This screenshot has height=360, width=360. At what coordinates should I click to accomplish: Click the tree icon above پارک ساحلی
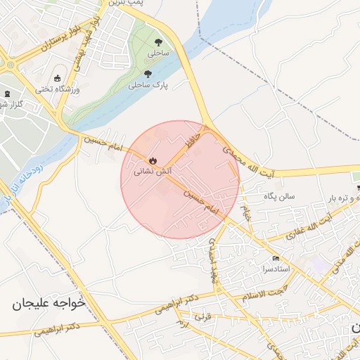pos(147,74)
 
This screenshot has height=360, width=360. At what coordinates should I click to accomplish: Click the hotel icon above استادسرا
pos(275,259)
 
